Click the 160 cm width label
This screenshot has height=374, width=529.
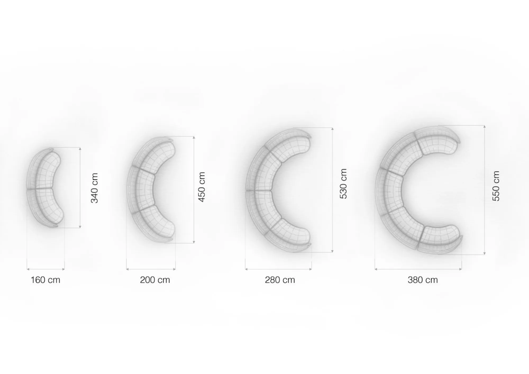tap(45, 280)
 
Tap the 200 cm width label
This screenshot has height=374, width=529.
tap(155, 280)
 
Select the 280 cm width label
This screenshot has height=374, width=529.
tap(280, 280)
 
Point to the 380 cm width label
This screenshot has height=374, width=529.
tap(423, 280)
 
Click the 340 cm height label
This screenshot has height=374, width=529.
tap(94, 188)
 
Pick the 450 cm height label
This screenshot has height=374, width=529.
tap(202, 187)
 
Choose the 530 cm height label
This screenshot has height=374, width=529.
tap(343, 184)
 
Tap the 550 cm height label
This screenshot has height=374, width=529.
tap(496, 186)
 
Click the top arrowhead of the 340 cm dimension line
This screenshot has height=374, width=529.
tap(80, 149)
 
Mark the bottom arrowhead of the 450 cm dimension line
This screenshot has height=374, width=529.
tap(194, 242)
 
